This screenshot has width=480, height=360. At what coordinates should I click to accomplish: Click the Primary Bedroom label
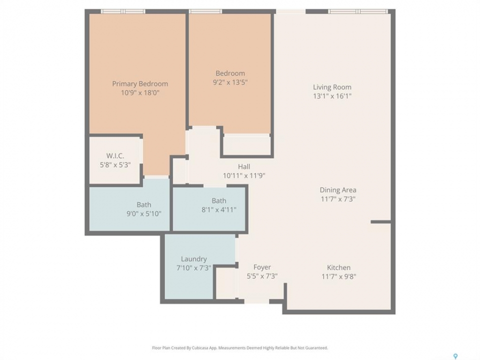(140, 84)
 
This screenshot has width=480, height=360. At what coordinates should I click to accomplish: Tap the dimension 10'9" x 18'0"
(140, 93)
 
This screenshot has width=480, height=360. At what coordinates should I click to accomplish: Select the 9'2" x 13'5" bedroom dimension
(230, 82)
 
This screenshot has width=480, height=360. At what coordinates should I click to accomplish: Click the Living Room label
(332, 87)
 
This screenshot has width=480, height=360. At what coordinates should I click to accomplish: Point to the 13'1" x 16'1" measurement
(332, 96)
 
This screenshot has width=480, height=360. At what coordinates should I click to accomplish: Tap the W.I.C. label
(115, 156)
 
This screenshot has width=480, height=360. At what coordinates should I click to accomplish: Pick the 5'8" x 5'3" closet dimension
(115, 165)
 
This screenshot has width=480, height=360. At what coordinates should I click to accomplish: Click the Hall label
(244, 167)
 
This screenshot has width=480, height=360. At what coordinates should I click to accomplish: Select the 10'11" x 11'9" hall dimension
(244, 175)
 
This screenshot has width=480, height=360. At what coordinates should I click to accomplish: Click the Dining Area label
(338, 190)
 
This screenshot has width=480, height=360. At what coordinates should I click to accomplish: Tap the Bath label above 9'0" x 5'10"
(144, 205)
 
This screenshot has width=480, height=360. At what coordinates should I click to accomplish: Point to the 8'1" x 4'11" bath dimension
(219, 210)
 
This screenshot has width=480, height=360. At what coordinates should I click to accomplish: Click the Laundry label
(194, 259)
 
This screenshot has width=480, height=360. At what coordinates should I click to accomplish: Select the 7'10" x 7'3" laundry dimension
(194, 268)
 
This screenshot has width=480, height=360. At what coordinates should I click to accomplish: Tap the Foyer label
(262, 267)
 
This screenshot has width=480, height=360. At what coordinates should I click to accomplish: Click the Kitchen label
(338, 267)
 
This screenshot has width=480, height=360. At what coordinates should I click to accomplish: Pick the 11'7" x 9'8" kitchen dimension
(338, 276)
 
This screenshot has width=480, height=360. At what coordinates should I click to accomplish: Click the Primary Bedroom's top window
(123, 11)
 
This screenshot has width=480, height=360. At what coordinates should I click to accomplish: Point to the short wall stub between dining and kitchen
(381, 221)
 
